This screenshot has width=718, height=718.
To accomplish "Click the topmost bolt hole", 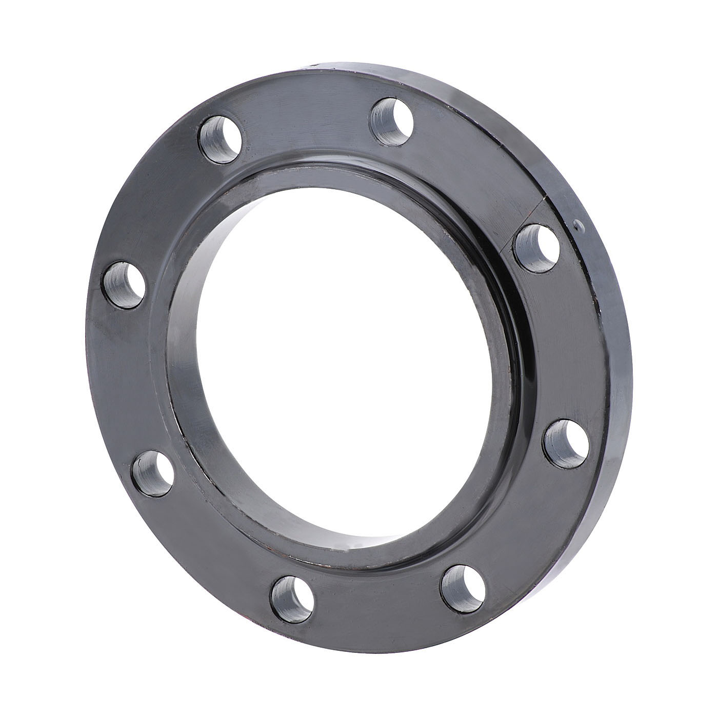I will (392, 121).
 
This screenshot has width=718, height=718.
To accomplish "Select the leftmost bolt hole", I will (125, 284).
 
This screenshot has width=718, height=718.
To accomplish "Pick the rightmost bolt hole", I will (566, 443).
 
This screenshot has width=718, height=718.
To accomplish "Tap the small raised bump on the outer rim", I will (579, 224).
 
